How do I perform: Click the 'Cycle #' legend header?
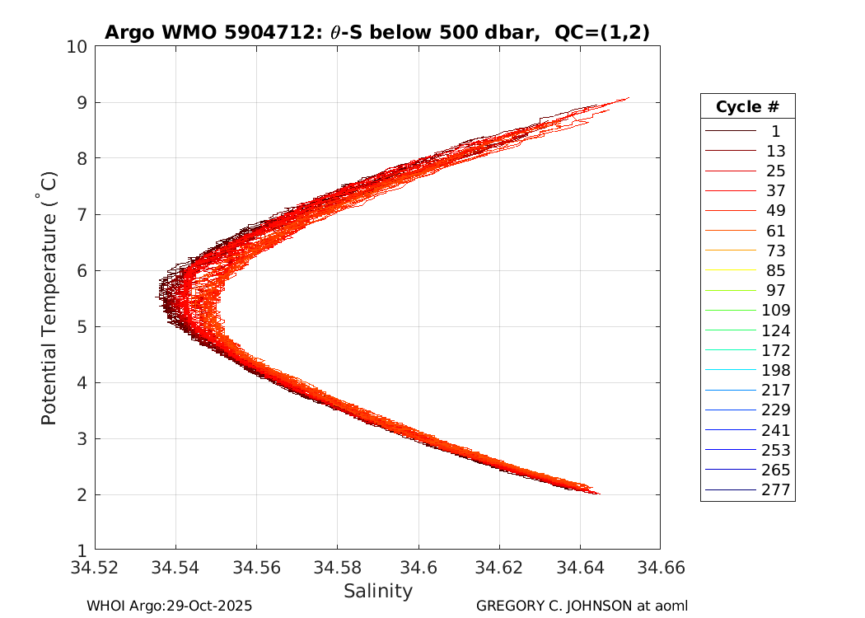pyautogui.click(x=747, y=106)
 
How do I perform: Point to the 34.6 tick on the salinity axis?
pyautogui.click(x=418, y=568)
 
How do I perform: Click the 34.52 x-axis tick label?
pyautogui.click(x=95, y=568)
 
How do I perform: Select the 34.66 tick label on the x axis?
pyautogui.click(x=660, y=568)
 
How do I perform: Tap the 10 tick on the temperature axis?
pyautogui.click(x=77, y=47)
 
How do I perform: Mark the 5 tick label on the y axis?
pyautogui.click(x=82, y=327)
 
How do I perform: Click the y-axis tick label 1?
pyautogui.click(x=82, y=550)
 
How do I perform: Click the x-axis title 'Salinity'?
pyautogui.click(x=377, y=591)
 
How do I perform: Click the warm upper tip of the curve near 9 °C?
pyautogui.click(x=628, y=98)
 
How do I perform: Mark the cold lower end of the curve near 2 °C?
pyautogui.click(x=598, y=494)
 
